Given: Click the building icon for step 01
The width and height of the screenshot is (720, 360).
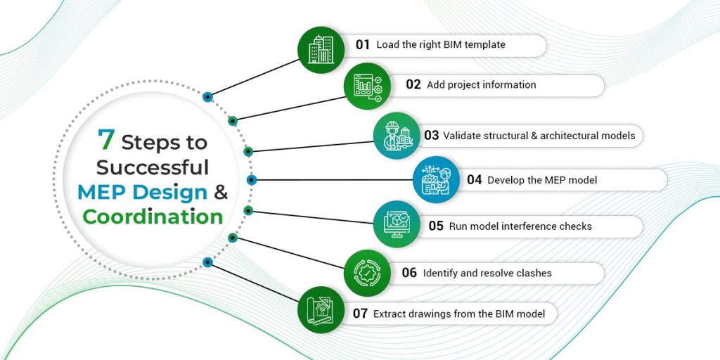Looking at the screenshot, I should [321, 49].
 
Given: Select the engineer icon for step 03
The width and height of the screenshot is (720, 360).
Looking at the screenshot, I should [397, 135].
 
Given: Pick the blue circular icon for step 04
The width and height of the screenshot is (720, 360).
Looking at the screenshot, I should [436, 179].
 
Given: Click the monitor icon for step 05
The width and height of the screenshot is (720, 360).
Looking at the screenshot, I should [397, 225].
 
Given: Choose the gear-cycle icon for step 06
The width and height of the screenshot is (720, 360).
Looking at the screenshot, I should [367, 272].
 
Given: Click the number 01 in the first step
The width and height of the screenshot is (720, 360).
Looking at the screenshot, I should [362, 45].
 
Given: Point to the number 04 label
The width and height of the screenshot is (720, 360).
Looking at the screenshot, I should [475, 180].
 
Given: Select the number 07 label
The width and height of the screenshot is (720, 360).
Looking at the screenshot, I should [360, 314].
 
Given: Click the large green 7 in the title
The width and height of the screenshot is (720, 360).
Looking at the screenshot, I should [105, 140].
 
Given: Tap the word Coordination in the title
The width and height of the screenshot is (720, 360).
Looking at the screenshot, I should [153, 216].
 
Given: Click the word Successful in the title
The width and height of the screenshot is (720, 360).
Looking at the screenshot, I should [153, 167].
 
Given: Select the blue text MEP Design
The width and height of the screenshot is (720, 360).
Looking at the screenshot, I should [142, 192].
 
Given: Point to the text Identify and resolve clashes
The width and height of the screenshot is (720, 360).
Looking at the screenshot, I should [487, 273].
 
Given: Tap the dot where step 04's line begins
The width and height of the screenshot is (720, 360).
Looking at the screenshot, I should [252, 180].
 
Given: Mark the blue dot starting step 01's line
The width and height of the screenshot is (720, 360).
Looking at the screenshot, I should [207, 96].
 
